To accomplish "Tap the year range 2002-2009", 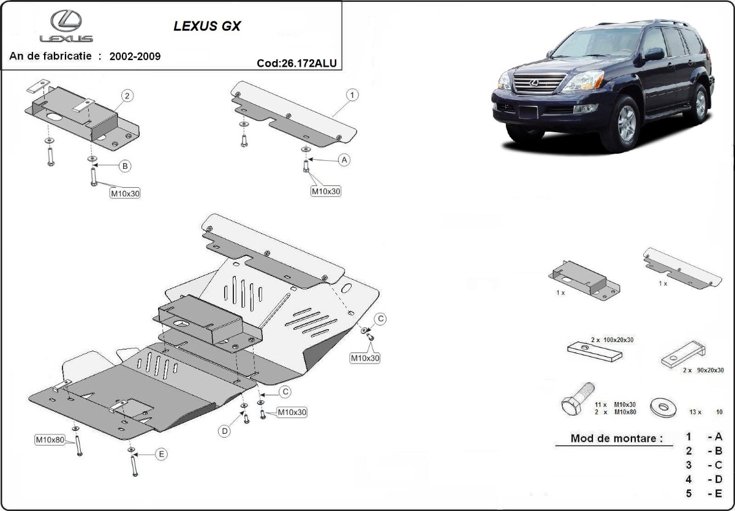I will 135,56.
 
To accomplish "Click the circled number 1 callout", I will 353,95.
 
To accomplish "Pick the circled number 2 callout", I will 127,95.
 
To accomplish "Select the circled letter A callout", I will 344,160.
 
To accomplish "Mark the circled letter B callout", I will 124,165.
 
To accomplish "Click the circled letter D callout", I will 225,431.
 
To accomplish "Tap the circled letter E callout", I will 161,454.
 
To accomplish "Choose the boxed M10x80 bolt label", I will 50,439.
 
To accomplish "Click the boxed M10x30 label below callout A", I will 325,191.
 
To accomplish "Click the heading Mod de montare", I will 616,438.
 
